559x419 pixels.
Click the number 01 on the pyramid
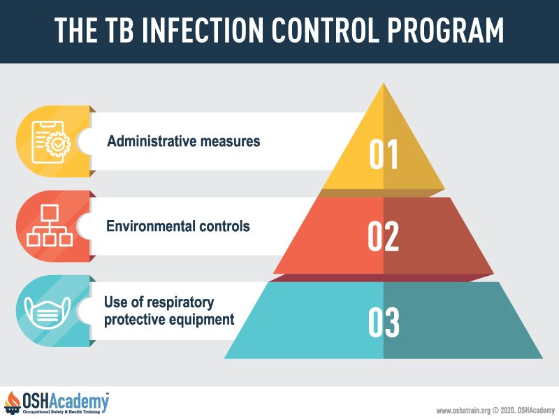tap(383, 154)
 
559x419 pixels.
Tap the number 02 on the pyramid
tap(383, 236)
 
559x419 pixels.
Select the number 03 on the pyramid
tap(384, 322)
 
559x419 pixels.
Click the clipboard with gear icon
tap(50, 142)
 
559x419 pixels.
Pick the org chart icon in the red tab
tap(50, 226)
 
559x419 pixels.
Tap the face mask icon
tap(48, 312)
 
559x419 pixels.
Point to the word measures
tap(230, 142)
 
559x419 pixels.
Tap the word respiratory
tap(181, 303)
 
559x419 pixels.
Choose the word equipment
tap(201, 320)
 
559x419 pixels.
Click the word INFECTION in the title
tap(203, 30)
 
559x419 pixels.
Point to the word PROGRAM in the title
tap(445, 30)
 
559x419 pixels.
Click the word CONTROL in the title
tap(325, 30)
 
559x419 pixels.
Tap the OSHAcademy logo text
tap(66, 402)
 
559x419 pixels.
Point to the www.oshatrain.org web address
tap(463, 411)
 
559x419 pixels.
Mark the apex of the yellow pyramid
tap(383, 83)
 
